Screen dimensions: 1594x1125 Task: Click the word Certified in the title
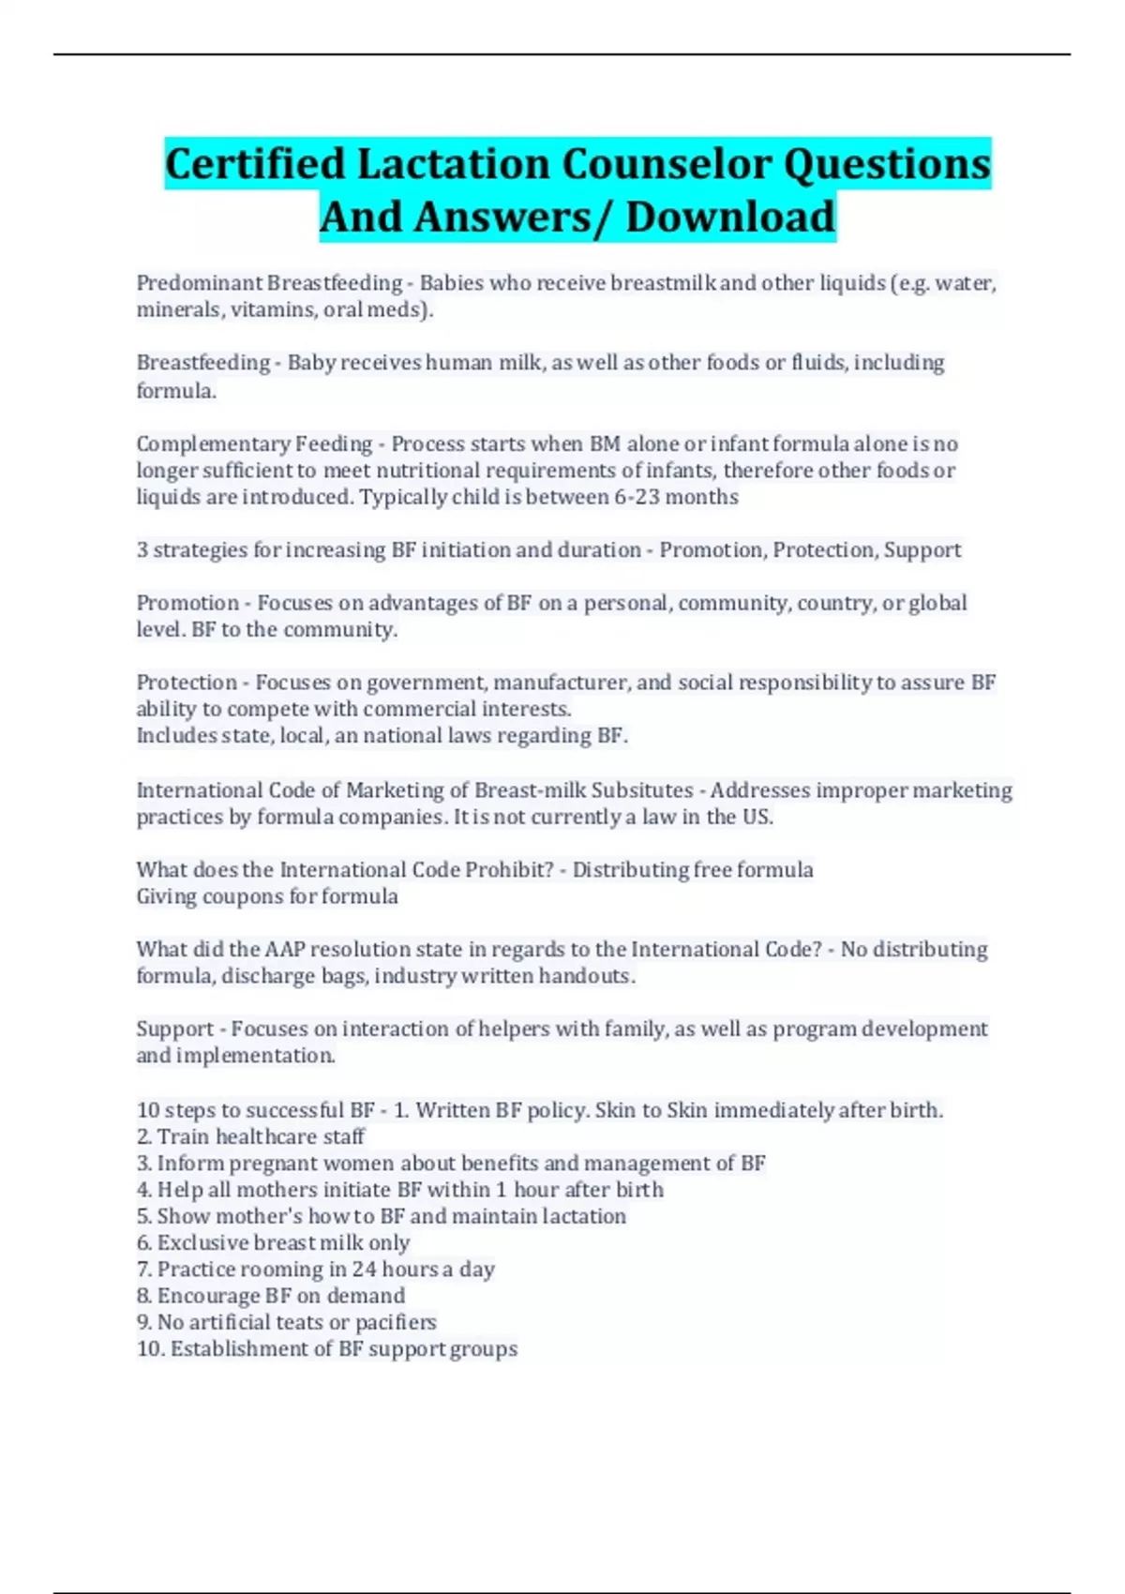click(256, 164)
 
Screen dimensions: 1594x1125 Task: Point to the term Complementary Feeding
click(254, 444)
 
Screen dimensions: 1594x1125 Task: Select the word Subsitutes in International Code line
click(642, 790)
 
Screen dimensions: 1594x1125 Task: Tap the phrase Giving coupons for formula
click(267, 896)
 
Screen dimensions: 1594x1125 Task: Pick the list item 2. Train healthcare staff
click(250, 1136)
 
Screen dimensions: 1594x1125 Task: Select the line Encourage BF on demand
click(271, 1296)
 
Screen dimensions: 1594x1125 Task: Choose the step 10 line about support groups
click(327, 1348)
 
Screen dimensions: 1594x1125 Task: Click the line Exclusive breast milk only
click(273, 1242)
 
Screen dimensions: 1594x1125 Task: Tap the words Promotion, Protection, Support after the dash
click(810, 550)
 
